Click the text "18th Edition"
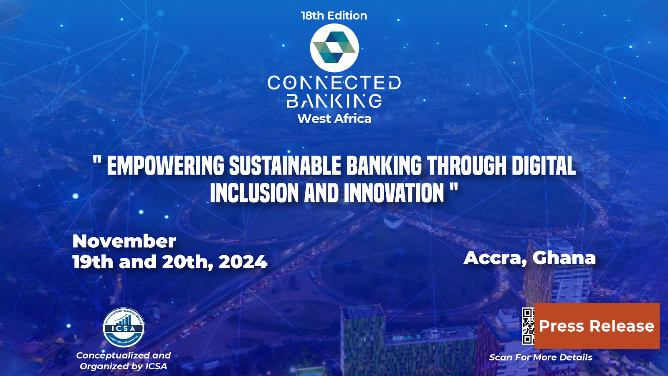coord(334,16)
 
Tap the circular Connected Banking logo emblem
coord(334,48)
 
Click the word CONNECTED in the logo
coord(334,83)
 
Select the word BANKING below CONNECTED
coord(334,101)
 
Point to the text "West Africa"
coord(334,119)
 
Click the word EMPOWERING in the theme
coord(165,166)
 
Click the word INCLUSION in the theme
coord(254,193)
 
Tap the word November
coord(124,241)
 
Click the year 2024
coord(243,262)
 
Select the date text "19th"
coord(93,262)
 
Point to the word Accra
coord(495,258)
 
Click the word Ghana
coord(564,258)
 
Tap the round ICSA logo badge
coord(124,328)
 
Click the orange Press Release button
coord(597,326)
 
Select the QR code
coord(528,326)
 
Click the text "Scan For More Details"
coord(541,357)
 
